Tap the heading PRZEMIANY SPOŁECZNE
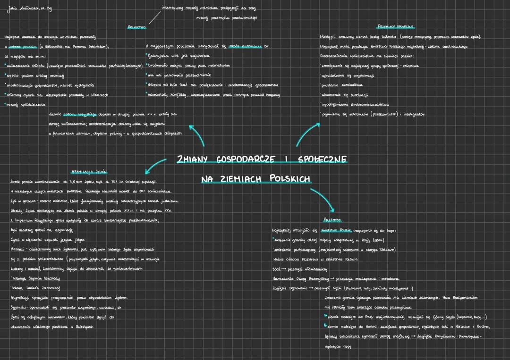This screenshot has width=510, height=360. (x=396, y=26)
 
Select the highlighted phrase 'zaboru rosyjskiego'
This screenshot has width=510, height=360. (x=79, y=114)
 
